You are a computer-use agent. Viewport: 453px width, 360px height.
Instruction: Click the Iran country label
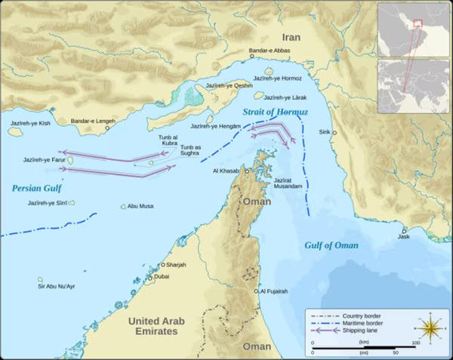coord(291,37)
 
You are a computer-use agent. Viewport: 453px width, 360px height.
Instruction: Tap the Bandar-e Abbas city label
coord(269,51)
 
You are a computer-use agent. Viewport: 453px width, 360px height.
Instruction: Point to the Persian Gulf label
coord(37,188)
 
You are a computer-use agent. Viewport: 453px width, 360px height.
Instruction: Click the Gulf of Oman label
coord(331,245)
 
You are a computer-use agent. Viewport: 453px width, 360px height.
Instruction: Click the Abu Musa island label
coord(141,206)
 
